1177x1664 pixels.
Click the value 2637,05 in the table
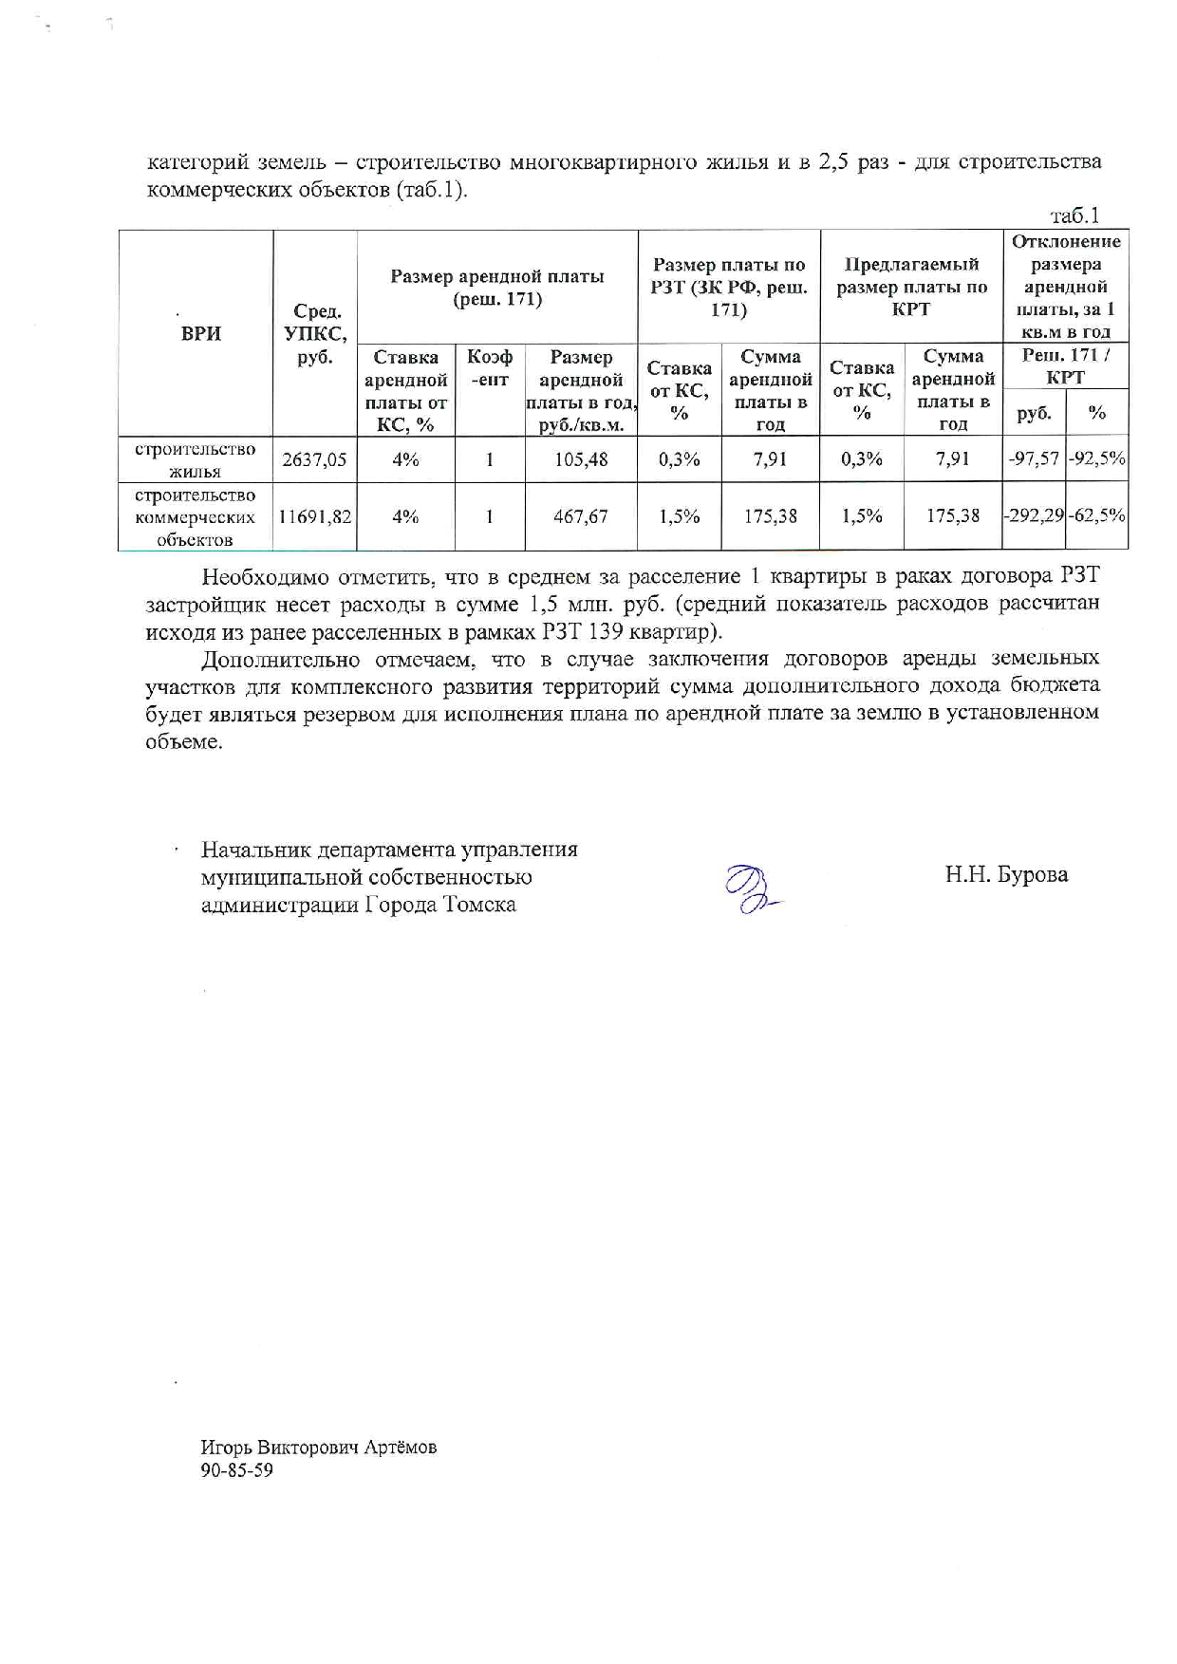point(314,460)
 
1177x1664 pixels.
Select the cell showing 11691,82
point(314,517)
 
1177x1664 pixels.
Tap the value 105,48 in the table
point(581,460)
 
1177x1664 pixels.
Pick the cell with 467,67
point(581,517)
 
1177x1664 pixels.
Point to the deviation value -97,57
point(1034,459)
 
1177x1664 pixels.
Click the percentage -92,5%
point(1097,459)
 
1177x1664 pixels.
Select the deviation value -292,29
point(1034,516)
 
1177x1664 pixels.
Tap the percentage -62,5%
point(1097,516)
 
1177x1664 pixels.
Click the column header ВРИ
point(200,333)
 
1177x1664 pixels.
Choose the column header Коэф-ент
point(490,368)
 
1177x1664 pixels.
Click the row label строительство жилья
point(195,460)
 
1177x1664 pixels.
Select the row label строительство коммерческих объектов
point(195,517)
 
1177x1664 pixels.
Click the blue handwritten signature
point(750,889)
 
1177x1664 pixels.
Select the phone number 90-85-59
point(236,1470)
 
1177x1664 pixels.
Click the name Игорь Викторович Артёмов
point(318,1448)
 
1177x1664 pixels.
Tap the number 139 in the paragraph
point(606,632)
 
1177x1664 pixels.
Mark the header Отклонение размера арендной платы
point(1066,287)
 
